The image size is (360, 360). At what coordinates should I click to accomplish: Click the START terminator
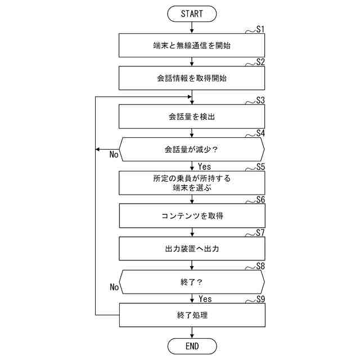pyautogui.click(x=192, y=12)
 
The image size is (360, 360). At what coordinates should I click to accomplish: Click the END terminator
pyautogui.click(x=192, y=346)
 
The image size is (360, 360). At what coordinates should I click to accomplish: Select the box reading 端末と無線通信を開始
pyautogui.click(x=192, y=46)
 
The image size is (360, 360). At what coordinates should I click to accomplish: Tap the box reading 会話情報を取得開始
pyautogui.click(x=192, y=79)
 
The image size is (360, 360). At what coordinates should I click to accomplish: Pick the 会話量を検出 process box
pyautogui.click(x=192, y=117)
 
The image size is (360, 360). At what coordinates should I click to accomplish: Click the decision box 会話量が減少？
pyautogui.click(x=192, y=150)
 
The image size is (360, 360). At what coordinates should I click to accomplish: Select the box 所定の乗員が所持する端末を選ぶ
pyautogui.click(x=192, y=183)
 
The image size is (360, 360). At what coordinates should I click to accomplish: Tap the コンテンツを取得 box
pyautogui.click(x=192, y=216)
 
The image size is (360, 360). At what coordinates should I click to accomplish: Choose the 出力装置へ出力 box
pyautogui.click(x=192, y=249)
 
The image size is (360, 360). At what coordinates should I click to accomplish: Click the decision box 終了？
pyautogui.click(x=192, y=282)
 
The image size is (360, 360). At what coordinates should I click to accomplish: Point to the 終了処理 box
pyautogui.click(x=192, y=315)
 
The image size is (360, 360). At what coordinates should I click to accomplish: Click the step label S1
pyautogui.click(x=260, y=29)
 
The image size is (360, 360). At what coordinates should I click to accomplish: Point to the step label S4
pyautogui.click(x=260, y=134)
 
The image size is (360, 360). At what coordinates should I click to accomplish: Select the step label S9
pyautogui.click(x=260, y=299)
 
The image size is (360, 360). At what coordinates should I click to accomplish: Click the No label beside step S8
pyautogui.click(x=114, y=287)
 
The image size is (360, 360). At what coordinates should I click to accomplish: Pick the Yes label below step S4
pyautogui.click(x=205, y=166)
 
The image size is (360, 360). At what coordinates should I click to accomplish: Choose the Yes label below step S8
pyautogui.click(x=205, y=299)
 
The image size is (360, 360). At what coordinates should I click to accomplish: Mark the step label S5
pyautogui.click(x=260, y=167)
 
